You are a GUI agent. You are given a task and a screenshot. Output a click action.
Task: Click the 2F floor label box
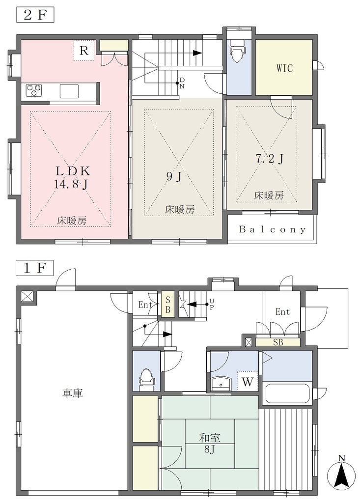pos(35,15)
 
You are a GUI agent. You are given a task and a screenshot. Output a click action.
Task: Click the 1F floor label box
pos(35,268)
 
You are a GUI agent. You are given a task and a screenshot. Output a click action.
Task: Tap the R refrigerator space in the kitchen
pos(84,51)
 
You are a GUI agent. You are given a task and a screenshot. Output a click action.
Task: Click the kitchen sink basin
pos(69,91)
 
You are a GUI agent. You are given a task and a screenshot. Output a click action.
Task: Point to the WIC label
pos(284,68)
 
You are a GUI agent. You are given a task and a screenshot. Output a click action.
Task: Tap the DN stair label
pos(182,83)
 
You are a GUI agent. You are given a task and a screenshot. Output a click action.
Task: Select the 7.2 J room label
pos(270,159)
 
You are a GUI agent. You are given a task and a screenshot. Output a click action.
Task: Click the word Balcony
pos(272,229)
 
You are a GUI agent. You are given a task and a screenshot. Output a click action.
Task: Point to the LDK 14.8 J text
pos(73,177)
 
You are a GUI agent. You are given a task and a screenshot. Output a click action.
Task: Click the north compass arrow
pos(341,473)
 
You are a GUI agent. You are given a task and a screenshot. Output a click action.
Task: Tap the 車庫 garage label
pos(73,393)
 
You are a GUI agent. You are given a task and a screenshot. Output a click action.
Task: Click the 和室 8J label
pos(210,443)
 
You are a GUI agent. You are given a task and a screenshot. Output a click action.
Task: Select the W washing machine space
pos(248,382)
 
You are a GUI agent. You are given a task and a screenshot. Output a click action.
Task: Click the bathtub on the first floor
pos(286,392)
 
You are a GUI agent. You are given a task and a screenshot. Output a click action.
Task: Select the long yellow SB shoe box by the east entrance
pos(278,342)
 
